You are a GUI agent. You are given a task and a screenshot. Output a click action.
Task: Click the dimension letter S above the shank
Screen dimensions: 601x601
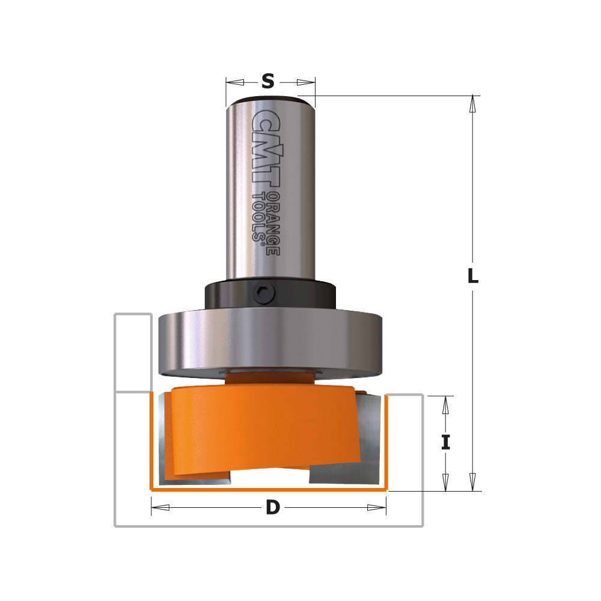tap(268, 81)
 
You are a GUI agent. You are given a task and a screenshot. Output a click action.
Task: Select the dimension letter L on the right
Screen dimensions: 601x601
tap(473, 276)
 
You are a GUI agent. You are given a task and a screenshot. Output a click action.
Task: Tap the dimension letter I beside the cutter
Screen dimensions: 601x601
tap(445, 443)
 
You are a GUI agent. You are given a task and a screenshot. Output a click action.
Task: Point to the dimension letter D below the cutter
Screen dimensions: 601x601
tap(273, 508)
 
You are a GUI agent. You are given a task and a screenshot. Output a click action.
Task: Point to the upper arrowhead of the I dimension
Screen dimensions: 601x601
tap(445, 405)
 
